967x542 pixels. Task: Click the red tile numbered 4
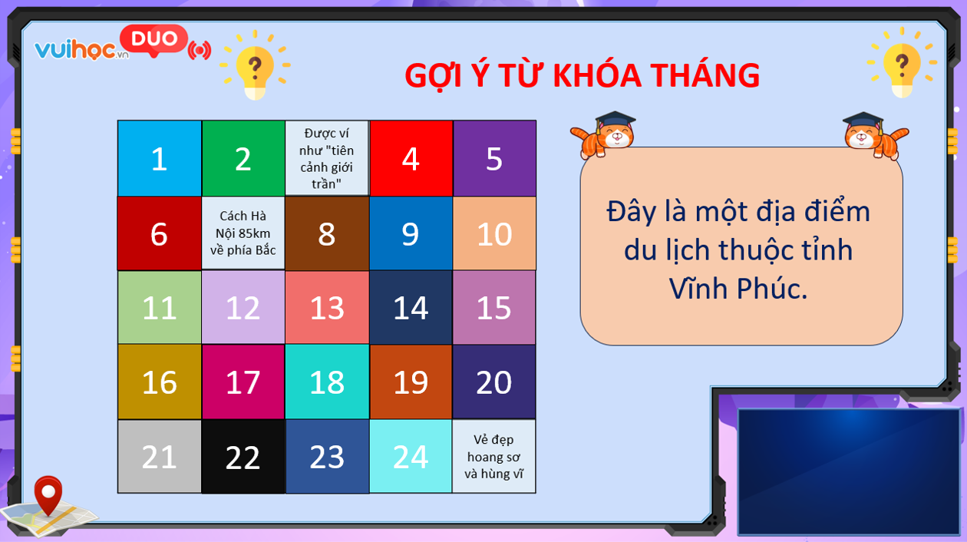pos(411,158)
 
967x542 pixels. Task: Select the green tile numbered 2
pos(243,158)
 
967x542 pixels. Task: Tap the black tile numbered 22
pos(243,456)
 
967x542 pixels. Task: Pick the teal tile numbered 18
pos(327,382)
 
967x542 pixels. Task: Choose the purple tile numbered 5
pos(494,158)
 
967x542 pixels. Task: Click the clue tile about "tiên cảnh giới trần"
pos(327,158)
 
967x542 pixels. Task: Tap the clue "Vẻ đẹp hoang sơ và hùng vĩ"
pos(494,456)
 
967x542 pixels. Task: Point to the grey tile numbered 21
pos(160,456)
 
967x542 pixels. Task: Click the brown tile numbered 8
pos(327,233)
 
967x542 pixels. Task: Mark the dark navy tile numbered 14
pos(411,308)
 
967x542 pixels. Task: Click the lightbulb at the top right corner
pos(902,63)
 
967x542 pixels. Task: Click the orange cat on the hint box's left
pos(605,135)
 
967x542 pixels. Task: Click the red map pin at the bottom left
pos(48,495)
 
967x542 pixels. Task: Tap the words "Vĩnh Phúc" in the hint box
pos(738,289)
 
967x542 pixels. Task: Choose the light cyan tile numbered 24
pos(411,456)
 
